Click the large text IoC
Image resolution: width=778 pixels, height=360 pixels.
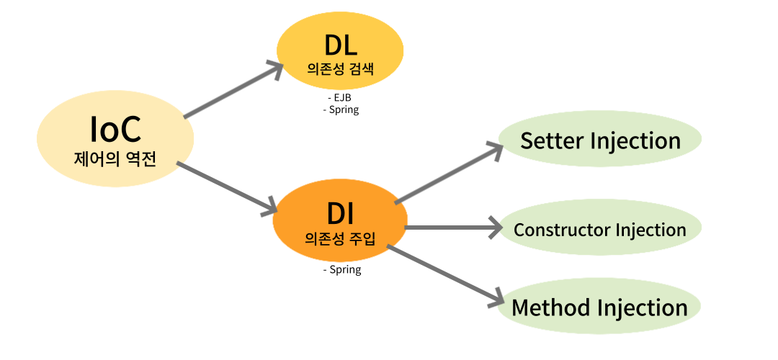[115, 130]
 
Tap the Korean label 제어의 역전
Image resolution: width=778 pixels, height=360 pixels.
[115, 159]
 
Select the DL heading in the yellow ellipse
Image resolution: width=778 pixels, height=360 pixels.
[341, 46]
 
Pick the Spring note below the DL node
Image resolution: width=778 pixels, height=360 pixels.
[342, 110]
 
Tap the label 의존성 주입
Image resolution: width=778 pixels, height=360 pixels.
[340, 238]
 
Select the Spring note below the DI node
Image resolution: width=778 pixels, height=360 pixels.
[342, 270]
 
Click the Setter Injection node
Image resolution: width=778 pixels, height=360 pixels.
[600, 140]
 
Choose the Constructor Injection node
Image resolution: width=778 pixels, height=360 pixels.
[600, 230]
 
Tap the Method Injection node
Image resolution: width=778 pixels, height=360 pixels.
[599, 308]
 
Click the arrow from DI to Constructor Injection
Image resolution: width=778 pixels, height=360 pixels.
[454, 228]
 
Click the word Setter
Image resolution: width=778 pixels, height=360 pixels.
[553, 140]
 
